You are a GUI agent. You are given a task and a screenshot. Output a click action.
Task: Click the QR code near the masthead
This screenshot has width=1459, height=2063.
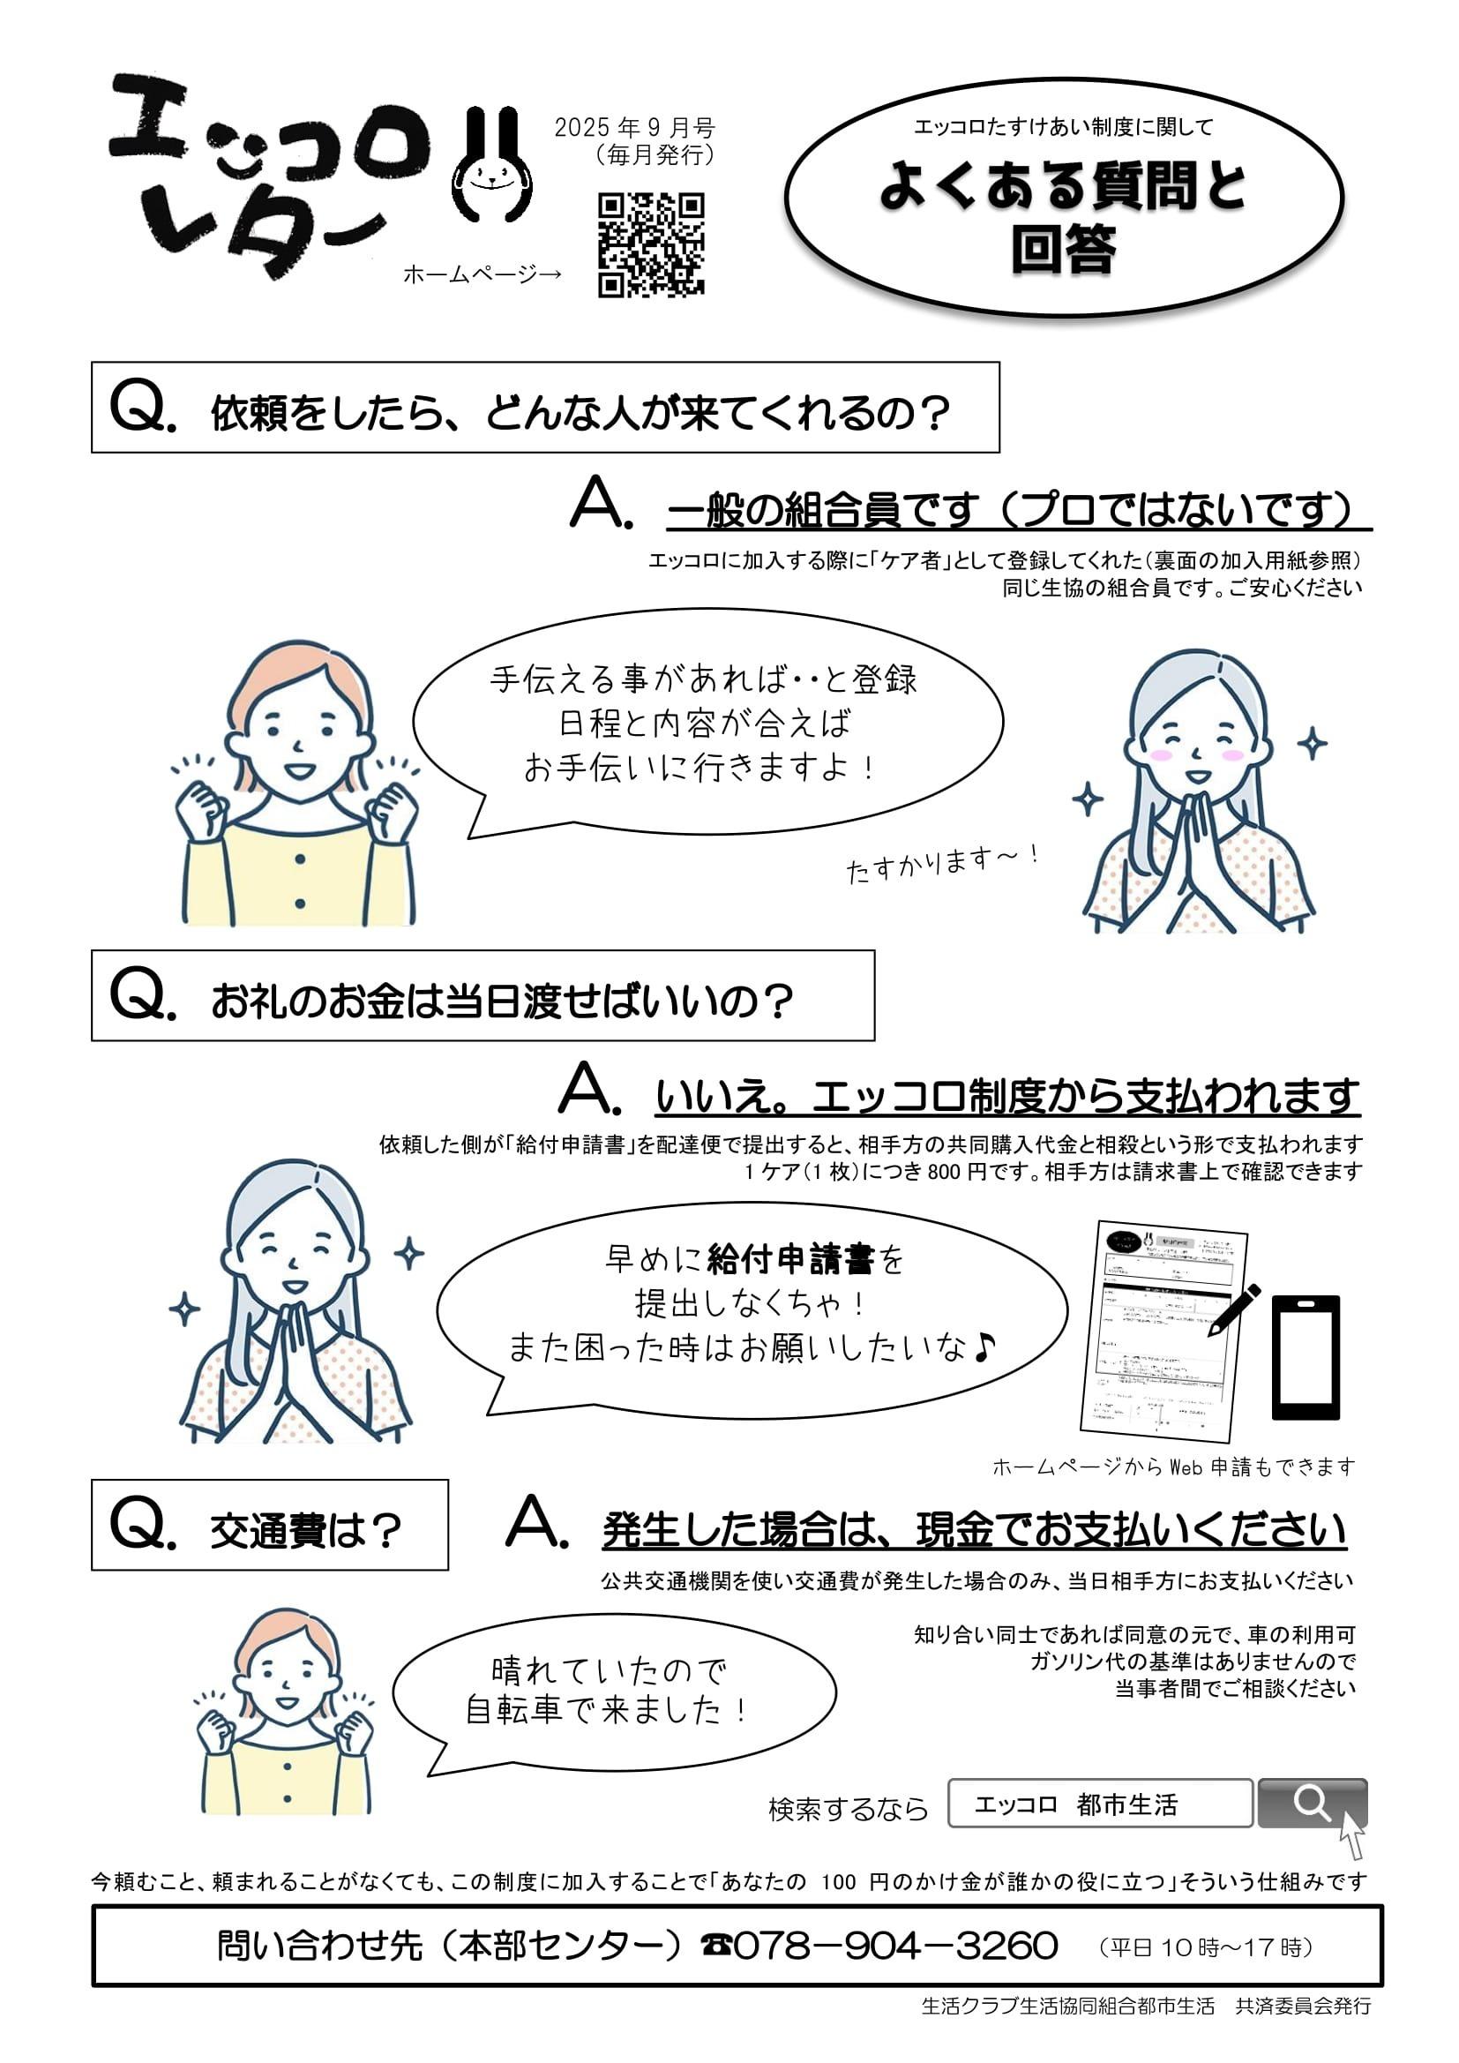coord(651,244)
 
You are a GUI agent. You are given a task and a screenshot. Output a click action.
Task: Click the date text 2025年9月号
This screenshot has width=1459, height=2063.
coord(634,129)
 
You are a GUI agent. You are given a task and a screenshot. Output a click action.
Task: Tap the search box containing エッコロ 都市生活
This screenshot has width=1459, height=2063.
coord(1100,1803)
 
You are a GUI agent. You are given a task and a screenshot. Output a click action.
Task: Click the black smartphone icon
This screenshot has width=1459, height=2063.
coord(1306,1357)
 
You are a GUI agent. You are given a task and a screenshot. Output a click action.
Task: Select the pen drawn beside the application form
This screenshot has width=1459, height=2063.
coord(1234,1311)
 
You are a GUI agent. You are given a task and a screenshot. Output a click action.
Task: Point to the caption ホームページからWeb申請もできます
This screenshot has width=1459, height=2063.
coord(1173,1467)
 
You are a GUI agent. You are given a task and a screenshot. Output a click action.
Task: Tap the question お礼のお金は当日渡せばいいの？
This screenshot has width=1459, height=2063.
coord(502,1001)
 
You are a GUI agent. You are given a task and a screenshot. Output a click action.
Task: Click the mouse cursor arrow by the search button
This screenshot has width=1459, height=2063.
coord(1352,1834)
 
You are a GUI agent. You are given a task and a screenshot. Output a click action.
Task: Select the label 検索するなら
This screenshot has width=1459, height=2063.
coord(848,1808)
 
